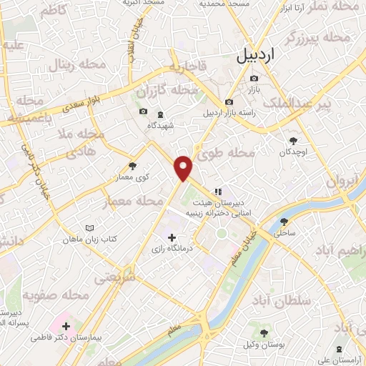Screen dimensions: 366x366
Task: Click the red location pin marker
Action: pyautogui.click(x=184, y=167)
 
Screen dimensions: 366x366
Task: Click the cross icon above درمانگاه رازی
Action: pyautogui.click(x=171, y=237)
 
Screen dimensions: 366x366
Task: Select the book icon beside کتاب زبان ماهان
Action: pyautogui.click(x=89, y=228)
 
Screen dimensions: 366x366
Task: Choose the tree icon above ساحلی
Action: pyautogui.click(x=284, y=222)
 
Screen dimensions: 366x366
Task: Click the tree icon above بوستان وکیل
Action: pyautogui.click(x=264, y=332)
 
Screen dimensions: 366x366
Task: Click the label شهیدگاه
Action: pyautogui.click(x=161, y=125)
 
